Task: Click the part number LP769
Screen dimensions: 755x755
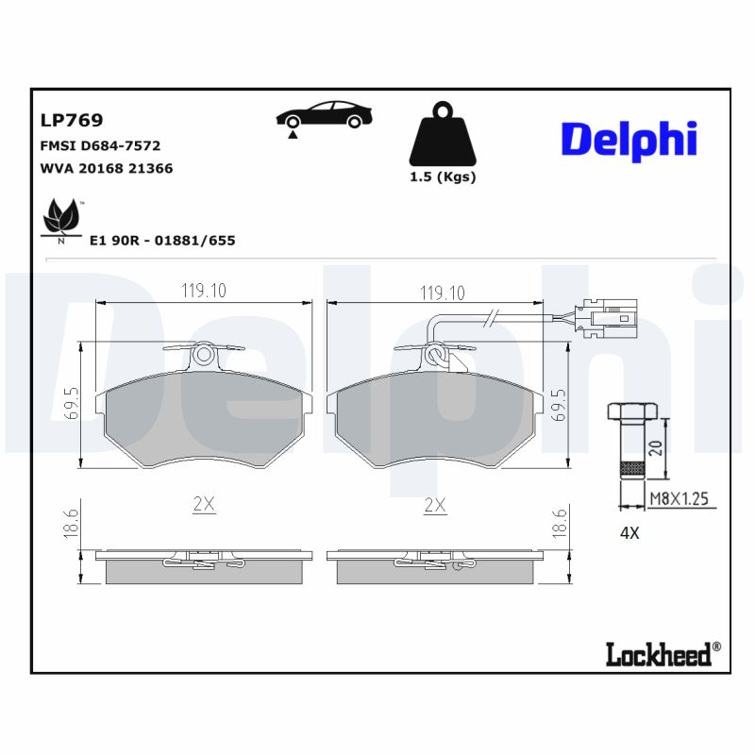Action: tap(72, 120)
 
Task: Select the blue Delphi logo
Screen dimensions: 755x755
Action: tap(629, 140)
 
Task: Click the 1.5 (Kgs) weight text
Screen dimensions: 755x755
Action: tap(442, 176)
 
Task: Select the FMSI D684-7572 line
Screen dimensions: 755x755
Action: tap(100, 145)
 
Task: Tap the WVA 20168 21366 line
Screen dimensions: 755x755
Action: tap(106, 168)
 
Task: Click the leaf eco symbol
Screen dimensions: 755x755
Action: tap(63, 218)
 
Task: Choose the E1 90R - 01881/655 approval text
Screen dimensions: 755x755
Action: tap(161, 241)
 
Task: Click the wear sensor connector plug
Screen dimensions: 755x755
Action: tap(609, 318)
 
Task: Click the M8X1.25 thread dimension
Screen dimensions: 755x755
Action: tap(678, 499)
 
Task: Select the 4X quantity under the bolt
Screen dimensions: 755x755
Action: tap(629, 532)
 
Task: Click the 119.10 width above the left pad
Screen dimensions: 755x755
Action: tap(204, 291)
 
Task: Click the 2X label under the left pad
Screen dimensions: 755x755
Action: tap(204, 505)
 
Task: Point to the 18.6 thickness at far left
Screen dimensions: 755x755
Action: tap(70, 522)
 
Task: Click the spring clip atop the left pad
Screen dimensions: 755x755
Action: tap(204, 355)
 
